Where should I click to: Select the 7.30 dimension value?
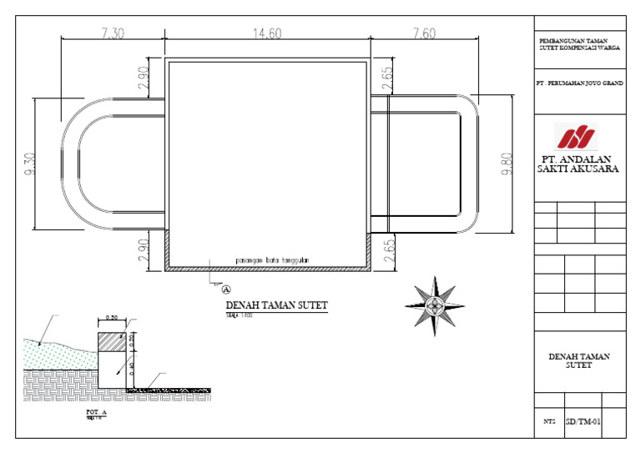(113, 33)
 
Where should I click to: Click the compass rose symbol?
(434, 305)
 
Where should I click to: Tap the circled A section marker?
(225, 289)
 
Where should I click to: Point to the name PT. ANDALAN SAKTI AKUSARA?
(578, 163)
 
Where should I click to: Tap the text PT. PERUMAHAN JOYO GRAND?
(578, 83)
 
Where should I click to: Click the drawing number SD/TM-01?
(582, 423)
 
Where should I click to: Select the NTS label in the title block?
(549, 424)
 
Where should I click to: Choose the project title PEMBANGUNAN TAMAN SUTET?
(578, 44)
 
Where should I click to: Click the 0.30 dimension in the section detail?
(112, 318)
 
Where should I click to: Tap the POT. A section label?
(96, 412)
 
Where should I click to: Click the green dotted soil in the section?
(58, 355)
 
